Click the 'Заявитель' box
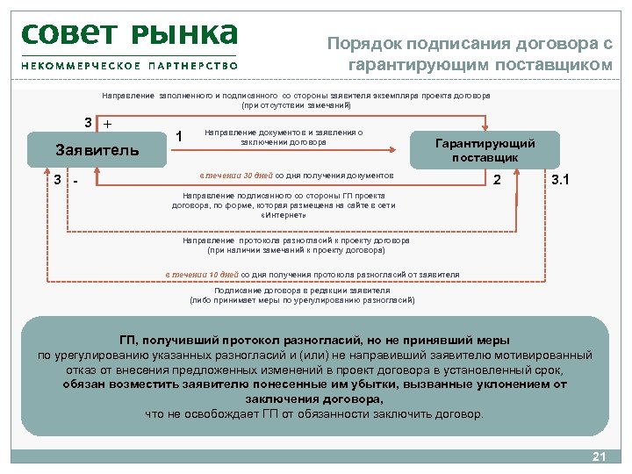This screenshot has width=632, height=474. (x=97, y=149)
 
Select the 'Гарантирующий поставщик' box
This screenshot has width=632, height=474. (x=485, y=150)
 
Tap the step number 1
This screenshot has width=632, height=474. (x=179, y=137)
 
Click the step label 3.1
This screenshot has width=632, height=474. (x=559, y=180)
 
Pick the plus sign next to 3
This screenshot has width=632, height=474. (x=107, y=124)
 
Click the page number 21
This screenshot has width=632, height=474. (x=600, y=456)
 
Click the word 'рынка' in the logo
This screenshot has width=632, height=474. (x=185, y=34)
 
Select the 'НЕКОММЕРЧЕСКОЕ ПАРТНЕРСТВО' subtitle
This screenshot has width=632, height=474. (x=130, y=65)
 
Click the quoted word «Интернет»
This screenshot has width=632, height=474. (x=283, y=215)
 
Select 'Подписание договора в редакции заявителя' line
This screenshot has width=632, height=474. (x=302, y=291)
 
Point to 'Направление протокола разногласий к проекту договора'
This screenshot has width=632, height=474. (x=296, y=241)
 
